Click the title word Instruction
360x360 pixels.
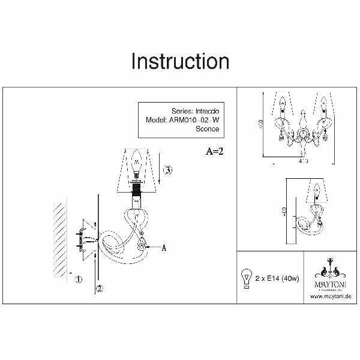[x=180, y=61]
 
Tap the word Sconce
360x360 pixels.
[x=208, y=128]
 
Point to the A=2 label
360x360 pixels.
[x=214, y=150]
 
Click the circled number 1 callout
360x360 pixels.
[x=77, y=278]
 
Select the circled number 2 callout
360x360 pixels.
[x=100, y=288]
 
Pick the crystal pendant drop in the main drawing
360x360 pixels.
[x=142, y=245]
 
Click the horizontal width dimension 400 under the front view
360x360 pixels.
[x=303, y=161]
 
